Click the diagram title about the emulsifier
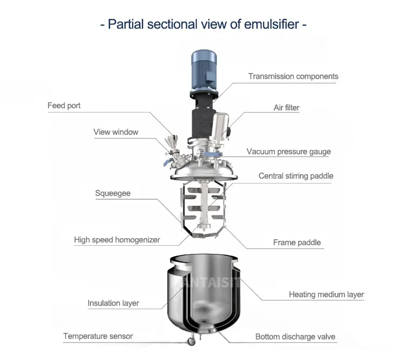204,24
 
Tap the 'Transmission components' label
293,76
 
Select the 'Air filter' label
286,108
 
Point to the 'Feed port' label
64,106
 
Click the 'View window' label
116,132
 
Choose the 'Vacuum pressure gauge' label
289,152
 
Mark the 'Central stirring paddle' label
296,176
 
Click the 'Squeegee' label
113,193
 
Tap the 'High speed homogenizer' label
117,240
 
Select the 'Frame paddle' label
297,243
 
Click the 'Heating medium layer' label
326,295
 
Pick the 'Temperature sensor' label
98,336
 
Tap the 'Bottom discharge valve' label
296,337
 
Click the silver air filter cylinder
219,130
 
